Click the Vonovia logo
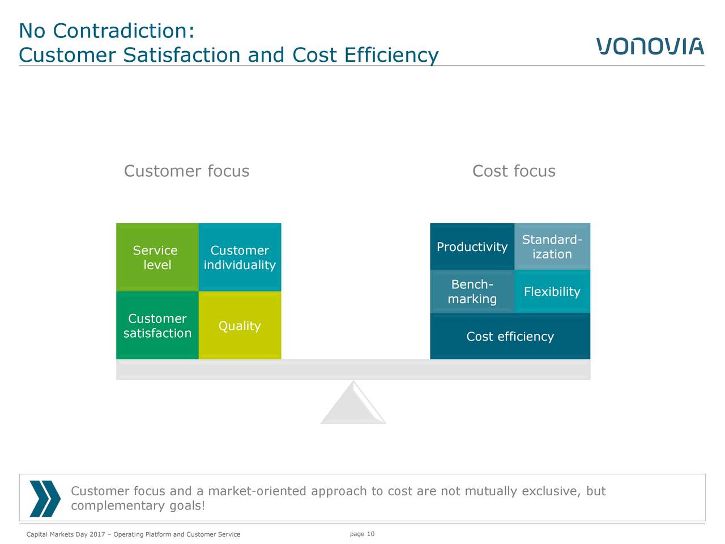coord(650,46)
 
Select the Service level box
coord(157,257)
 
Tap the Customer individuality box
coord(240,257)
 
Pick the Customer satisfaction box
coord(157,325)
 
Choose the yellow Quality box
coord(240,325)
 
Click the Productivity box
coord(472,246)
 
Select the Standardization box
coord(552,246)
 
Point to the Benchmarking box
coord(472,291)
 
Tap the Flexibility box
coord(552,291)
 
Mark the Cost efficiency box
coord(510,336)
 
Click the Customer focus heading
coord(186,171)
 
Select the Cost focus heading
coord(514,171)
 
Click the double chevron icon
coord(45,499)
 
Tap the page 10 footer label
coord(362,534)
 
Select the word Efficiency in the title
coord(391,55)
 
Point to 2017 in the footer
coord(97,534)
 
